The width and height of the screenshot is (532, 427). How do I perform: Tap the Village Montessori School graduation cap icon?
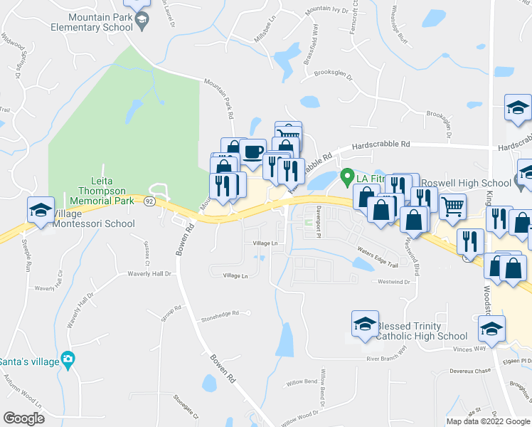pos(41,209)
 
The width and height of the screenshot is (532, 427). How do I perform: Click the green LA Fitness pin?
pos(348,174)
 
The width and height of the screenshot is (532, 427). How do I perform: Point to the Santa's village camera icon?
pos(68,357)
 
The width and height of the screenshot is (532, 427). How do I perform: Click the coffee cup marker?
pos(252,151)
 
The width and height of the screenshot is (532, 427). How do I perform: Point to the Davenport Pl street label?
pos(319,213)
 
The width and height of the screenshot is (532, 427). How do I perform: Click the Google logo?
pos(23,418)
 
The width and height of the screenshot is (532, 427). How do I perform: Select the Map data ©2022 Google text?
pos(489,421)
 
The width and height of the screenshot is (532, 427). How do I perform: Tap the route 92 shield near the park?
pos(149,201)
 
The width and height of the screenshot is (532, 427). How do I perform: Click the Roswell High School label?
pos(466,183)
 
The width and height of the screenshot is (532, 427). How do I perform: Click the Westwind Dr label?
pos(395,282)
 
